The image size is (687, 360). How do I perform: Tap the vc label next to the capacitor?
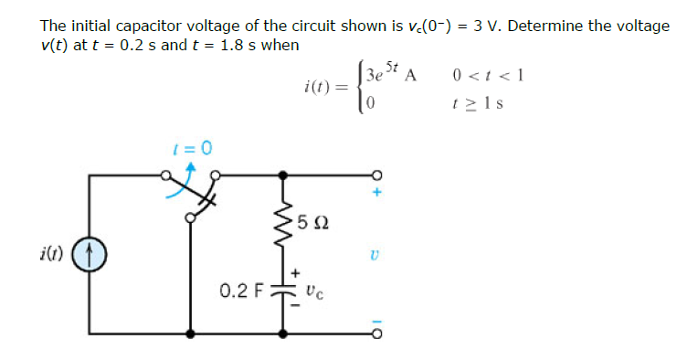[x=312, y=293]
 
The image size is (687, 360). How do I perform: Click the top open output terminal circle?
[x=374, y=175]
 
